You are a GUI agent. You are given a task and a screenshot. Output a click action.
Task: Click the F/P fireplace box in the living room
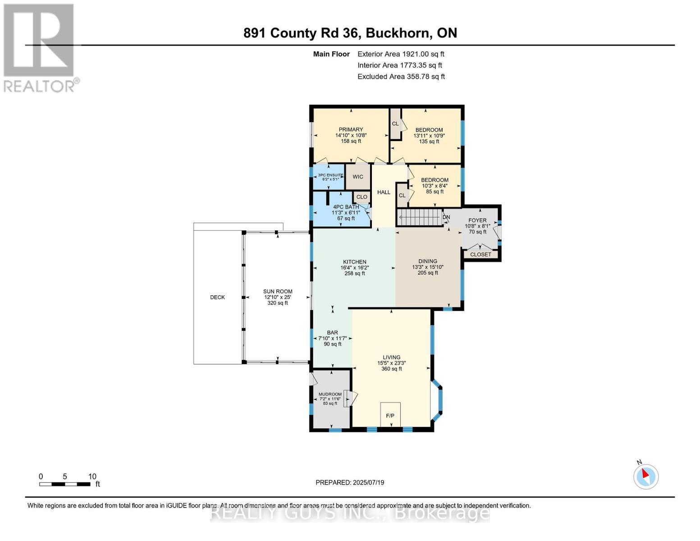point(390,414)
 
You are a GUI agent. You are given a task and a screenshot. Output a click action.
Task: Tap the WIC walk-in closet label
point(358,177)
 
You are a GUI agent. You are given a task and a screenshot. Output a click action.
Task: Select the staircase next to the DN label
point(419,217)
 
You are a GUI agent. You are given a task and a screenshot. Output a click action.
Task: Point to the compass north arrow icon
point(645,476)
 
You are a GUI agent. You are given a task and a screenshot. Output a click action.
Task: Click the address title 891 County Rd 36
point(350,33)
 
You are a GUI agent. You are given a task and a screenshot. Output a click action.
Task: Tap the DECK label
point(217,297)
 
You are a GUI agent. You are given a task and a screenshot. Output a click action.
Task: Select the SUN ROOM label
point(278,292)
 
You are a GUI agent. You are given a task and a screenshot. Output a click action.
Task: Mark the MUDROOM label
point(330,394)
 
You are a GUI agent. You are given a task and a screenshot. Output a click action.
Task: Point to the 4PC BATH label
point(346,207)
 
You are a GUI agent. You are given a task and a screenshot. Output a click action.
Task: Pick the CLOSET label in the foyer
point(480,254)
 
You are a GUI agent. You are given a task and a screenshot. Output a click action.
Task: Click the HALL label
point(384,192)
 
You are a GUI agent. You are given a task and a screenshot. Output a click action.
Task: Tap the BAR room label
point(332,333)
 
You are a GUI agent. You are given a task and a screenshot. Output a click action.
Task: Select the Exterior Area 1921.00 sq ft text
point(401,54)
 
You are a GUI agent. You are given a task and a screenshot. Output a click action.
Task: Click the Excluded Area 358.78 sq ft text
point(401,76)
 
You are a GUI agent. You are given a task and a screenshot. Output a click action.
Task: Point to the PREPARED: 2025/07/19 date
point(350,482)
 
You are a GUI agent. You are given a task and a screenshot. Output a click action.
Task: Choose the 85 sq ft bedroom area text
point(435,192)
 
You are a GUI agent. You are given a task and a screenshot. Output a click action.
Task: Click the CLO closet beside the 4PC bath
point(361,197)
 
